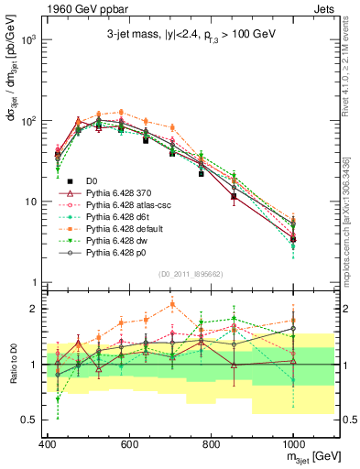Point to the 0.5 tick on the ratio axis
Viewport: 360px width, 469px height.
coord(30,420)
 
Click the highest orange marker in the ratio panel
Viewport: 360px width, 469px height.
coord(171,305)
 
